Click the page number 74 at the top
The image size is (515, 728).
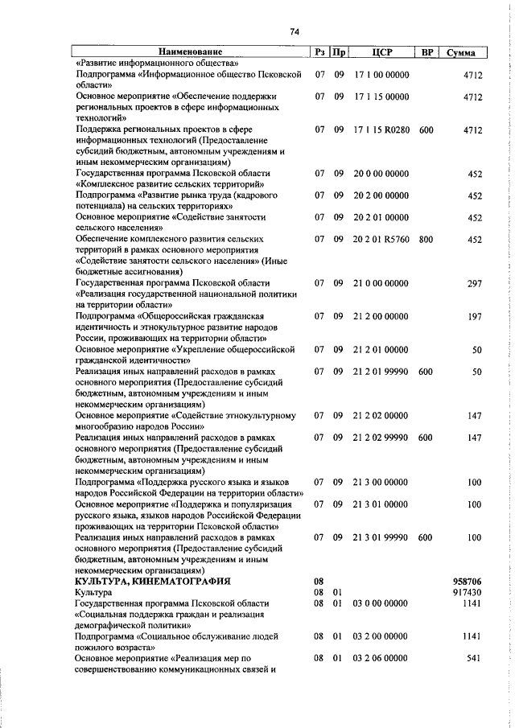tap(294, 31)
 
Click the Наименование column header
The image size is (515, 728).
tap(190, 52)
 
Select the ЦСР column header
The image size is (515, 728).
tap(382, 52)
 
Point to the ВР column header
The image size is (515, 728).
tap(427, 52)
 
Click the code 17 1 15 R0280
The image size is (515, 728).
tap(381, 129)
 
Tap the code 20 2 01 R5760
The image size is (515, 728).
tap(381, 239)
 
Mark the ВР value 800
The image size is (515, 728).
tap(426, 239)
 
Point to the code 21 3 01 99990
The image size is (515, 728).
tap(381, 537)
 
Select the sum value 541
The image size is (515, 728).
tap(473, 658)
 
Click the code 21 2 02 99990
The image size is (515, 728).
tap(381, 438)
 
